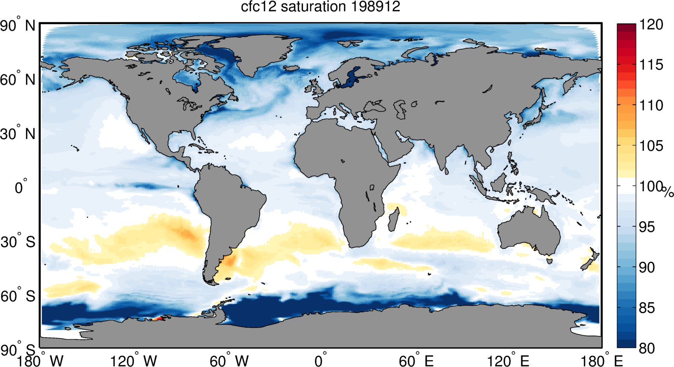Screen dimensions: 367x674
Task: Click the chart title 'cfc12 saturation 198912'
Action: pyautogui.click(x=320, y=7)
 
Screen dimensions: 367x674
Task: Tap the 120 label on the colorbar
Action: pyautogui.click(x=651, y=25)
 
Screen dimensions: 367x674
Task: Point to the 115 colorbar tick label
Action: pyautogui.click(x=651, y=65)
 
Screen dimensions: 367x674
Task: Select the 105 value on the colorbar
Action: pyautogui.click(x=651, y=146)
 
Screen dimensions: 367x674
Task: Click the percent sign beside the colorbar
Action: pyautogui.click(x=668, y=192)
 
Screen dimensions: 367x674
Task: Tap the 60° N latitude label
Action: pyautogui.click(x=18, y=79)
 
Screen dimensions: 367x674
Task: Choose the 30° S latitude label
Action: pyautogui.click(x=18, y=242)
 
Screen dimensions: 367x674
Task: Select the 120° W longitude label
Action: pyautogui.click(x=133, y=361)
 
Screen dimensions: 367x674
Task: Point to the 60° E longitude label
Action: pyautogui.click(x=416, y=361)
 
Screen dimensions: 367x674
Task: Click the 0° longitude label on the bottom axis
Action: pyautogui.click(x=321, y=361)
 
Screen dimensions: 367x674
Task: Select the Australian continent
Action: pyautogui.click(x=529, y=231)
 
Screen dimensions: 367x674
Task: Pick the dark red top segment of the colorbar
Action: pyautogui.click(x=626, y=27)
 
